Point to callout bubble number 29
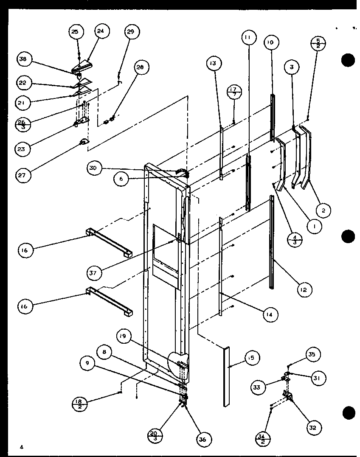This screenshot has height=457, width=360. (x=132, y=32)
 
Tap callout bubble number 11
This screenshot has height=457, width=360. (x=247, y=38)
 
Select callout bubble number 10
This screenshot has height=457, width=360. (x=272, y=43)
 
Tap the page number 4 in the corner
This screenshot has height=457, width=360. (x=20, y=447)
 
